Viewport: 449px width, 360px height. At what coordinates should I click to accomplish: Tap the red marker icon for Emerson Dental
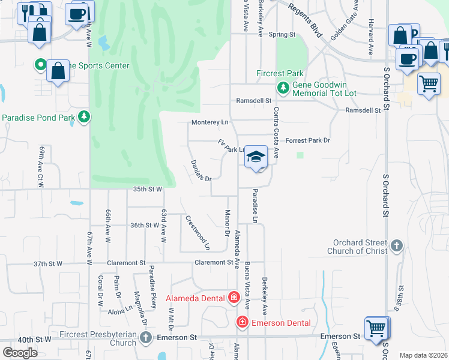(x=243, y=323)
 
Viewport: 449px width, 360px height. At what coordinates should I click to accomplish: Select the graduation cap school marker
(x=256, y=157)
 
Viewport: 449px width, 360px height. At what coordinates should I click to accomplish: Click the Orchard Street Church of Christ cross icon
(x=396, y=246)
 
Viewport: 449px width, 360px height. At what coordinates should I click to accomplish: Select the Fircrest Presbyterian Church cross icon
(x=145, y=338)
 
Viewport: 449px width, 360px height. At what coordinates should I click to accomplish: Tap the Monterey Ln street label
(x=210, y=122)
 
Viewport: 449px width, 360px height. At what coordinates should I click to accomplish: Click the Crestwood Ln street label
(x=197, y=233)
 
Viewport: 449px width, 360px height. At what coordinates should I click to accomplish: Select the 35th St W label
(x=148, y=190)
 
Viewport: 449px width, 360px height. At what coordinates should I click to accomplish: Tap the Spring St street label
(x=282, y=35)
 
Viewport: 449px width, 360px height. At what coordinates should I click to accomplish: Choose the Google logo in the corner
(x=20, y=352)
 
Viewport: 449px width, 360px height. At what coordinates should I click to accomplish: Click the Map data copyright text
(x=423, y=355)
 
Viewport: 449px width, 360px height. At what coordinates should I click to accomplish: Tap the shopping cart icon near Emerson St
(x=376, y=329)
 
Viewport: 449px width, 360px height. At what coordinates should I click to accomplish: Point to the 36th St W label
(x=145, y=225)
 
